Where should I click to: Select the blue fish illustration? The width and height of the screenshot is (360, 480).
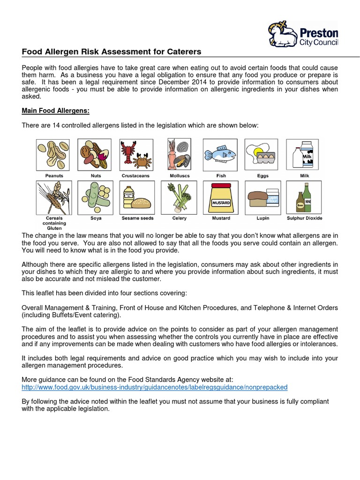coord(219,154)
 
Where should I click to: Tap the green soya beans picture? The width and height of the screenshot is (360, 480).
coord(95,197)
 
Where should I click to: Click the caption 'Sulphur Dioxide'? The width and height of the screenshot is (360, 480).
coord(304,218)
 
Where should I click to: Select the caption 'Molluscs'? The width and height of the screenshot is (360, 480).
coord(179,176)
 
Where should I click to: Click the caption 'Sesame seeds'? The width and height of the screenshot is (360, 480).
coord(137,218)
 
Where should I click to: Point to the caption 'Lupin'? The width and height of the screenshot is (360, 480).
coord(262,218)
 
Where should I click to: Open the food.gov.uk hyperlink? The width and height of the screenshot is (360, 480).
coord(155,387)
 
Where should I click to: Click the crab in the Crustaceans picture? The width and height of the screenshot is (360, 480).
coord(140,162)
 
